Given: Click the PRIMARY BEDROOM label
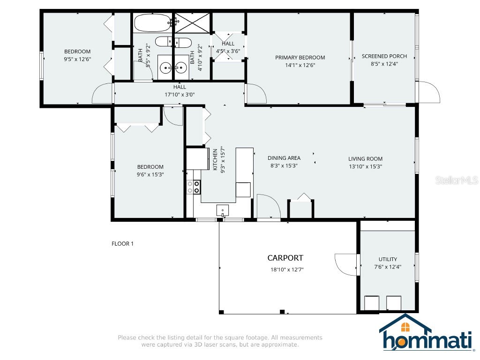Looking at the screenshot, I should click(x=300, y=58).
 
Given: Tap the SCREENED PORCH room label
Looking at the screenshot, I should click(x=384, y=56).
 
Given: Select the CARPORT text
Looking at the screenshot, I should click(x=285, y=258).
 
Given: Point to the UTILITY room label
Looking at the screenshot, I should click(x=388, y=259).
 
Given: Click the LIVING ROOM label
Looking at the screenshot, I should click(x=366, y=159).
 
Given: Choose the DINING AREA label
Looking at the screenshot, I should click(x=284, y=158).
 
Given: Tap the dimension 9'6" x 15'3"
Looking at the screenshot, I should click(x=150, y=174).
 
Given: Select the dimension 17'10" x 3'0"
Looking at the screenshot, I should click(x=180, y=94).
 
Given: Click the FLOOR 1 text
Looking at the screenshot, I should click(x=123, y=244).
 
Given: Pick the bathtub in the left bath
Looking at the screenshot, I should click(x=153, y=22).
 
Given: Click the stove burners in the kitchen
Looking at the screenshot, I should click(x=194, y=187).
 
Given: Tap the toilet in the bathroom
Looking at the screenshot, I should click(x=173, y=42).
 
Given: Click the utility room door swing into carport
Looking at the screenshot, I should click(x=346, y=264).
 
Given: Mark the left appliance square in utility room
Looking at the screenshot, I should click(x=372, y=303).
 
